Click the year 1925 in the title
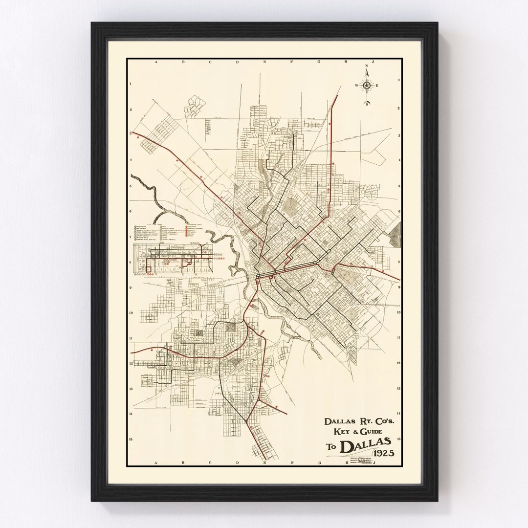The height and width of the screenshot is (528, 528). (x=384, y=451)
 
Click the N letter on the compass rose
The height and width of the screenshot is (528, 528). (x=366, y=66)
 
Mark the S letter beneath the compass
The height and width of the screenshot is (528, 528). (x=366, y=104)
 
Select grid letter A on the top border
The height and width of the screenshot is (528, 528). (x=155, y=63)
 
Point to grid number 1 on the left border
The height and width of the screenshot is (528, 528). (x=130, y=84)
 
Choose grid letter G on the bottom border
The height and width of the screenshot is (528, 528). (x=319, y=462)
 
